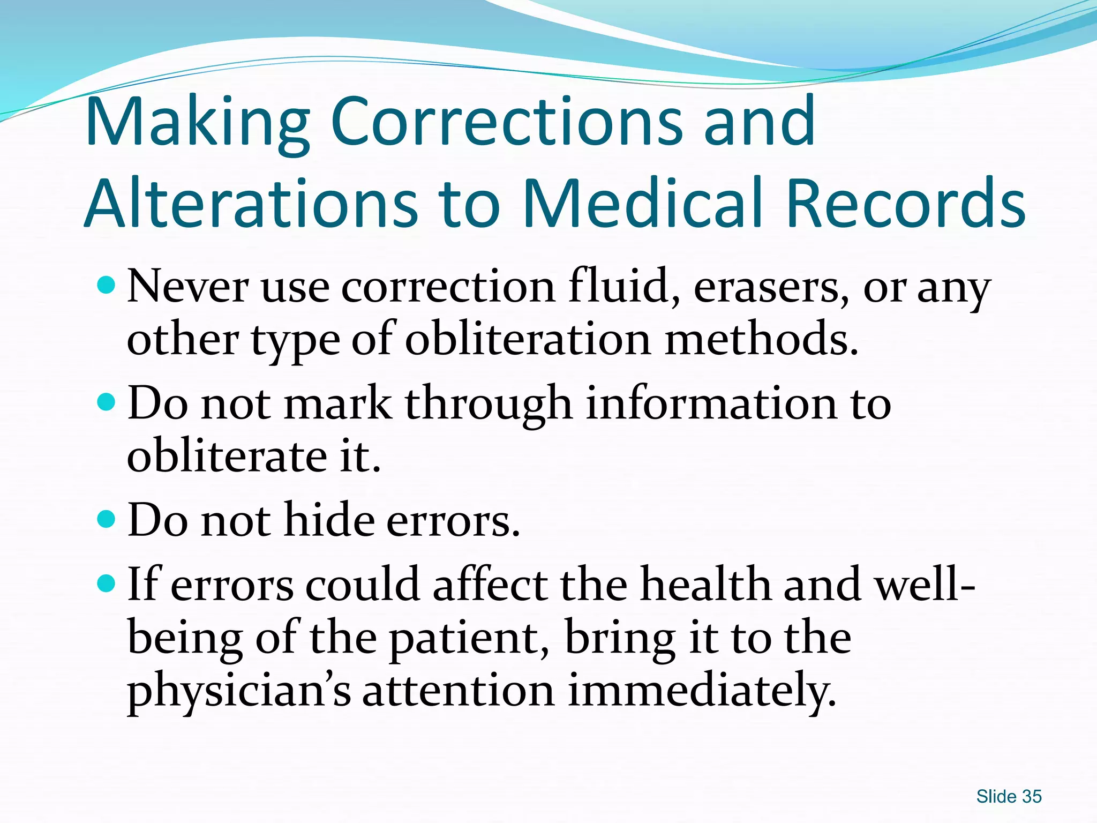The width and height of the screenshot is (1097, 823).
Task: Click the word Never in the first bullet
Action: pyautogui.click(x=187, y=287)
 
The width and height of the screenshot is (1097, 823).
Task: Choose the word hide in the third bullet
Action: pyautogui.click(x=329, y=519)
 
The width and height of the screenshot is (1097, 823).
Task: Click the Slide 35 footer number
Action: pyautogui.click(x=1009, y=796)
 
